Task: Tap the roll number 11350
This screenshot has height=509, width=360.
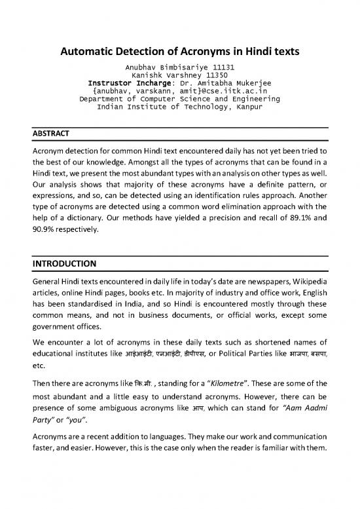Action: pos(216,75)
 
